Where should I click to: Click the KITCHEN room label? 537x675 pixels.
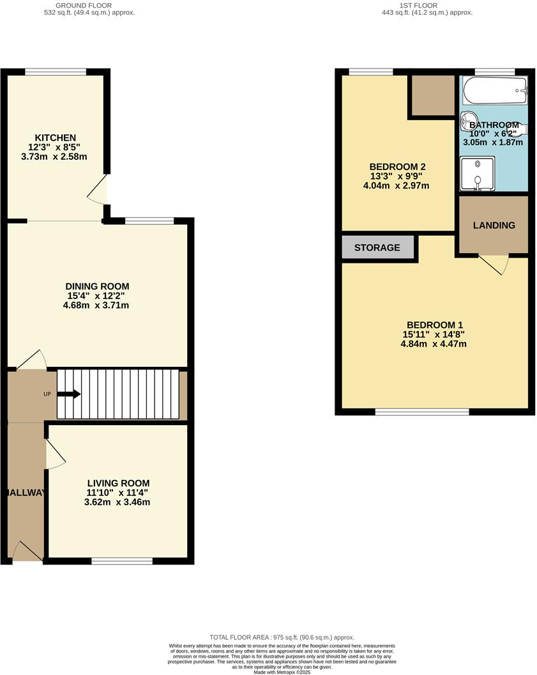(x=56, y=137)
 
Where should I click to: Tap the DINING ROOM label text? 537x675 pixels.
(x=102, y=286)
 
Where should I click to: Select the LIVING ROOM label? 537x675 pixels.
(x=119, y=483)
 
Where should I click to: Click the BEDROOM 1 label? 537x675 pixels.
(x=434, y=325)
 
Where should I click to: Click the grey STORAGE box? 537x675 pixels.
(x=377, y=247)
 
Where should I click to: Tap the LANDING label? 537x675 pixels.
(x=494, y=225)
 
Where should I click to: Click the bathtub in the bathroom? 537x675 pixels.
(x=494, y=91)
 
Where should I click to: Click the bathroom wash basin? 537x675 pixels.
(x=469, y=120)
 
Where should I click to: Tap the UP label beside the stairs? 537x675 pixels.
(x=47, y=394)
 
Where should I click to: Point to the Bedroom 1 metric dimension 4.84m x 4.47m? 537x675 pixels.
(x=434, y=344)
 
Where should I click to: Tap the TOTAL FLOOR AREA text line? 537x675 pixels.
(x=282, y=637)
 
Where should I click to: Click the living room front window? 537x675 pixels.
(x=122, y=561)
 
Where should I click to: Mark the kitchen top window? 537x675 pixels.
(x=56, y=72)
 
